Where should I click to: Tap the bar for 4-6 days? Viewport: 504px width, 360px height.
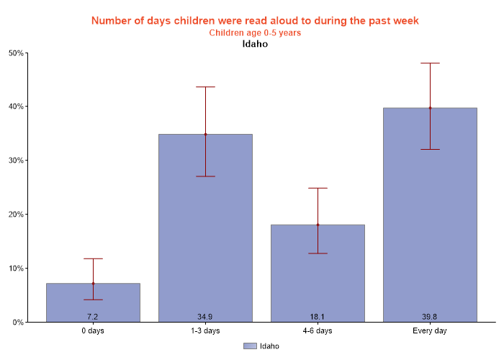[318, 273]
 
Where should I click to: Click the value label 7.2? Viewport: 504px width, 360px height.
[93, 317]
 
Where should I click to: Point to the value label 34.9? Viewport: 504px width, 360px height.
[205, 317]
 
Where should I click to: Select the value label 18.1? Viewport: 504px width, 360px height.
[318, 317]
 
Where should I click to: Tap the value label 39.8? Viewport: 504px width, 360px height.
[430, 317]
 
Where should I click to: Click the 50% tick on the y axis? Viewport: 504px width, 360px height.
[16, 53]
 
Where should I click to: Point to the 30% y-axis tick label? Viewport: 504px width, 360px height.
[16, 161]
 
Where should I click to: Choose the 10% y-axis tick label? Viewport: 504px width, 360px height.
[16, 269]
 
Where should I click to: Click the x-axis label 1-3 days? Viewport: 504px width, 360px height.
[205, 331]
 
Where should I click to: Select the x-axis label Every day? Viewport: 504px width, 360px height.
[430, 331]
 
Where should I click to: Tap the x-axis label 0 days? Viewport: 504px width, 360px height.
[93, 331]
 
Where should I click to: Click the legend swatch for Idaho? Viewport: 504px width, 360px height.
[250, 346]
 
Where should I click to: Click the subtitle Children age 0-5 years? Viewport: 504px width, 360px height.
[255, 32]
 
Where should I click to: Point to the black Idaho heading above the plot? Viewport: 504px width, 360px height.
[255, 44]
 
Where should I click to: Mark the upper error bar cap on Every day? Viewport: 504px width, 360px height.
[430, 63]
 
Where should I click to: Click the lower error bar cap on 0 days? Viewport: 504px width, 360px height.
[93, 300]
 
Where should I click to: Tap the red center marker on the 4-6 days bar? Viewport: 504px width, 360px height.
[318, 225]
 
